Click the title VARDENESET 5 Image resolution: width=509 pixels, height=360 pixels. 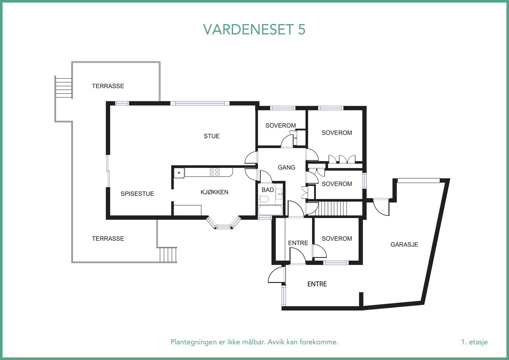click(x=254, y=29)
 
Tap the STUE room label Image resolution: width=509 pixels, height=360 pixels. click(x=212, y=136)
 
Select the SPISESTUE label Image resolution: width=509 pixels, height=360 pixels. click(x=137, y=194)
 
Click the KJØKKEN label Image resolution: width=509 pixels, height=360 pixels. click(x=214, y=192)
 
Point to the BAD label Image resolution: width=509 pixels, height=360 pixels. click(x=268, y=190)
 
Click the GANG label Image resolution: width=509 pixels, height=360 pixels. click(x=286, y=167)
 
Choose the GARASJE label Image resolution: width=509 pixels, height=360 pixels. click(x=404, y=244)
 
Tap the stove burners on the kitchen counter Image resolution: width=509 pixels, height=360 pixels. click(x=214, y=172)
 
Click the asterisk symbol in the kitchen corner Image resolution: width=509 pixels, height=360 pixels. click(x=179, y=173)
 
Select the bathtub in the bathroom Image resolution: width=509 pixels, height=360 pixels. click(x=270, y=210)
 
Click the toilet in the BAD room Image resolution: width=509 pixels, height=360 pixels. click(x=264, y=199)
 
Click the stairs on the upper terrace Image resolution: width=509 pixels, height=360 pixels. click(x=63, y=88)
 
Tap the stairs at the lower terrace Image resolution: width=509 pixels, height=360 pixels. click(x=167, y=254)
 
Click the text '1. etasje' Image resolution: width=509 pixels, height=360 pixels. click(x=474, y=342)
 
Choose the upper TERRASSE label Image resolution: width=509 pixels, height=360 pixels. click(x=108, y=86)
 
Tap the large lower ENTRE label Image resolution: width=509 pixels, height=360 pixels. click(x=317, y=284)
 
